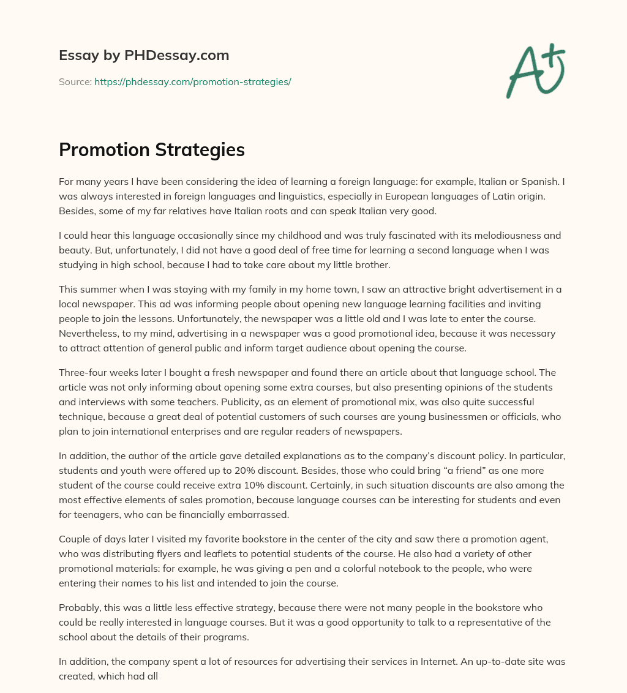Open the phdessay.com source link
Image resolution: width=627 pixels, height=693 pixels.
[193, 81]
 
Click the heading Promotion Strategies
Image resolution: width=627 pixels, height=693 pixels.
[152, 150]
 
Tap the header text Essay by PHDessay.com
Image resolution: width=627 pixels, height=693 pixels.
[144, 55]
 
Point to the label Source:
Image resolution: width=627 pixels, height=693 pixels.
[75, 81]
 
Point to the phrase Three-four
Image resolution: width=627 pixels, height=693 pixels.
[84, 373]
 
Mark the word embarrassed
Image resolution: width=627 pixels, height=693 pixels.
[260, 515]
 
